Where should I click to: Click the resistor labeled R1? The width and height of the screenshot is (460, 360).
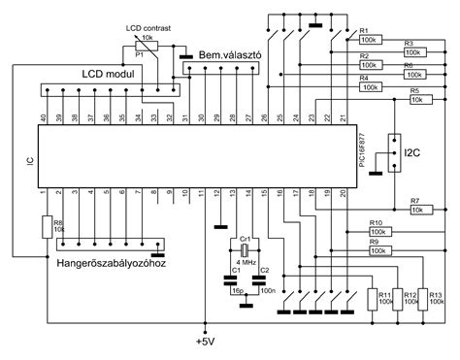370,41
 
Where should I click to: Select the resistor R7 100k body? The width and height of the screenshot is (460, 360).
420,209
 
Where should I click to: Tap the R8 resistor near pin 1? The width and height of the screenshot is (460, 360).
46,228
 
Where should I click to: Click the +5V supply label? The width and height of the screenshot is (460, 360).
205,341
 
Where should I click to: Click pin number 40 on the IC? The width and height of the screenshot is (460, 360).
43,118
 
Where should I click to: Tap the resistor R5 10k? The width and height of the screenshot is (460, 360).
420,99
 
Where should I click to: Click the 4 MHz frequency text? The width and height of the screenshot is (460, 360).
246,262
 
